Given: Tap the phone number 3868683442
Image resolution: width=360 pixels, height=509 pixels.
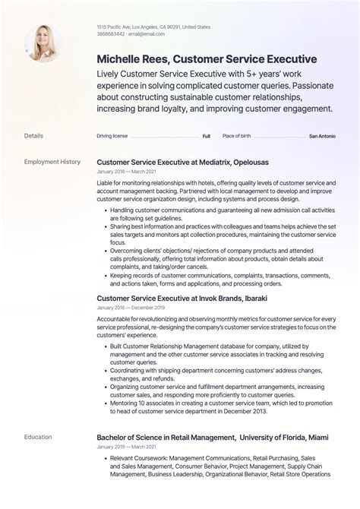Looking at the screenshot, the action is point(112,34).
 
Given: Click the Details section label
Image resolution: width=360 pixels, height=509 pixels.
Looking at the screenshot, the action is point(33,136).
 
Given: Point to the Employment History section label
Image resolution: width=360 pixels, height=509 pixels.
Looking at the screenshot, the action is point(52,162).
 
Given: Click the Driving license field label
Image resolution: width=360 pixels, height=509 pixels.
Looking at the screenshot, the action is point(112,136).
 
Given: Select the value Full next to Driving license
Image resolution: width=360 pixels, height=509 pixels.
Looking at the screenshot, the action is point(206,136).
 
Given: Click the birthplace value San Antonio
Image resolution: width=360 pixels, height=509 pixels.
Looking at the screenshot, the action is point(322,136).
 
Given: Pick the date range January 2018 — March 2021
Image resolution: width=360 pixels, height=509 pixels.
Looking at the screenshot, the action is point(125,172).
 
